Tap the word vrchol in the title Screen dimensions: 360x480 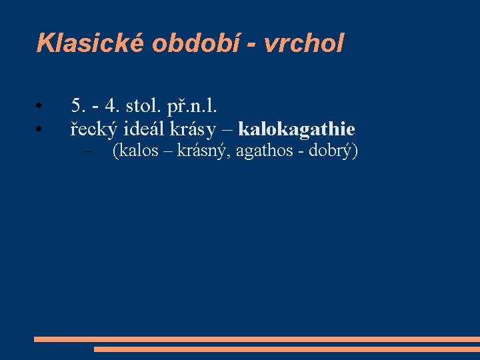point(304,43)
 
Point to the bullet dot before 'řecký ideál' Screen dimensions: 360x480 point(40,129)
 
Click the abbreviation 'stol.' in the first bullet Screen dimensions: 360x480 point(136,105)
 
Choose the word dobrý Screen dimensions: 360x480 point(333,151)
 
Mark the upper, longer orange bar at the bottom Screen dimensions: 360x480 point(257,339)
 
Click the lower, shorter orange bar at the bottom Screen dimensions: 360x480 point(287,349)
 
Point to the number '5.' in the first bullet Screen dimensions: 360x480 point(78,105)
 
